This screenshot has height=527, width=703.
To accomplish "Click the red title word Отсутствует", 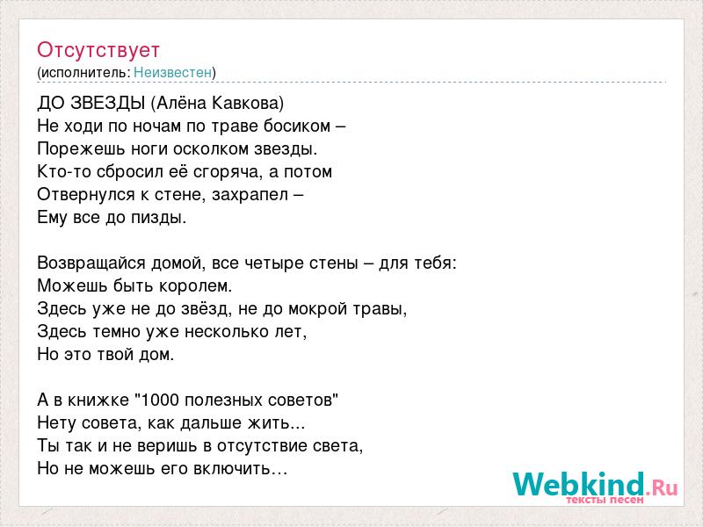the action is (x=98, y=50).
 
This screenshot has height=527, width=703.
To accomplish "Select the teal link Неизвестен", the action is (x=172, y=72).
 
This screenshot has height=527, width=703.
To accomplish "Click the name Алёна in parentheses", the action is (x=181, y=103).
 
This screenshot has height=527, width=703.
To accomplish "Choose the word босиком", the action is (x=297, y=126).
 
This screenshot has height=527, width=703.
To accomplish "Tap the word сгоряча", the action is (x=227, y=172).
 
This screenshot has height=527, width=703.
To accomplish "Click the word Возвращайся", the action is (x=91, y=263).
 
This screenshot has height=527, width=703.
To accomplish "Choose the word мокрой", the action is (x=317, y=309).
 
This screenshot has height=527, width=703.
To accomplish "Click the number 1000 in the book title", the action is (x=160, y=400).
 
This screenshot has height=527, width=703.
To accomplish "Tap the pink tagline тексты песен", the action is (x=605, y=499).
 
